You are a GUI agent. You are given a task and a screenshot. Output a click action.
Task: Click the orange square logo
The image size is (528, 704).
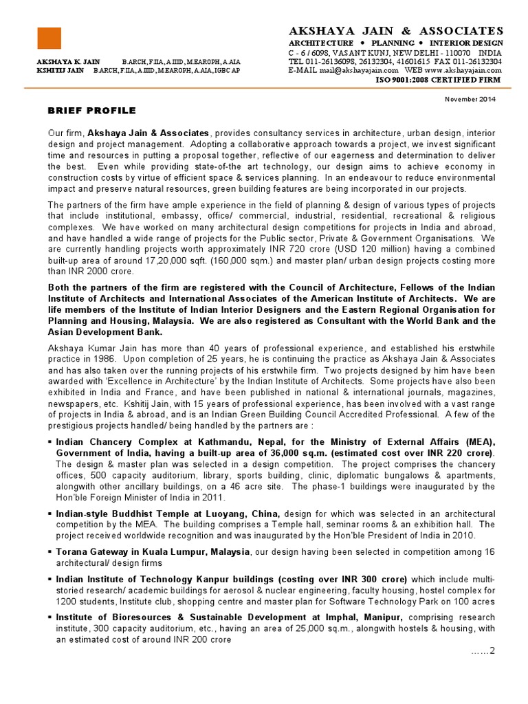point(49,38)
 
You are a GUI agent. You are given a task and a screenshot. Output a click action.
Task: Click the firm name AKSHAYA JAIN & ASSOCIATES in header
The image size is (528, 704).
point(395,31)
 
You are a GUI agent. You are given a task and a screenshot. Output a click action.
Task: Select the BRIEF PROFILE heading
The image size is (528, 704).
point(91,111)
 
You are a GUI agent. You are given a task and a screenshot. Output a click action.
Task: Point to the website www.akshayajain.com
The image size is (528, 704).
point(463,70)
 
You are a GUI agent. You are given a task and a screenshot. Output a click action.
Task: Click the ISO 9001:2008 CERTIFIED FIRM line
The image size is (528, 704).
point(437,80)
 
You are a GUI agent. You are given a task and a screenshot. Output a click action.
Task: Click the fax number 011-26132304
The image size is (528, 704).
point(474,61)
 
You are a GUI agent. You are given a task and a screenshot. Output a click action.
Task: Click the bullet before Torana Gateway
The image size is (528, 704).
point(50,551)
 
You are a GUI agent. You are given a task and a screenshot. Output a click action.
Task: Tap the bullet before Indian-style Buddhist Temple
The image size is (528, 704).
point(50,514)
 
